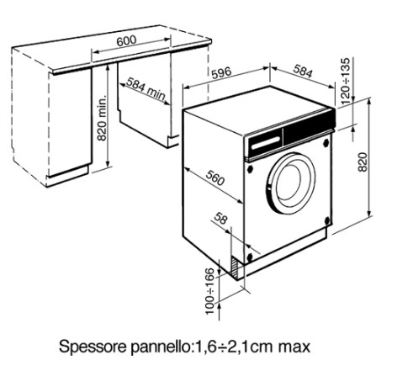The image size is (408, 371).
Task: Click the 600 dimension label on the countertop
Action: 126,41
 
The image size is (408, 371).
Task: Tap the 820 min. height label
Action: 102,118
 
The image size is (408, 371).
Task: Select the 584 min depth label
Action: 146,89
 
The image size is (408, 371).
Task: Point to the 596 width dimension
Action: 221,73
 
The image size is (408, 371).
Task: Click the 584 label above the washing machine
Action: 303,71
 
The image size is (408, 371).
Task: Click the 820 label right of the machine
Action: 363,162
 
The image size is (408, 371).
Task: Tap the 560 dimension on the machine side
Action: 215,178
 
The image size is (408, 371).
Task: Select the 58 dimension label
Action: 220,219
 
